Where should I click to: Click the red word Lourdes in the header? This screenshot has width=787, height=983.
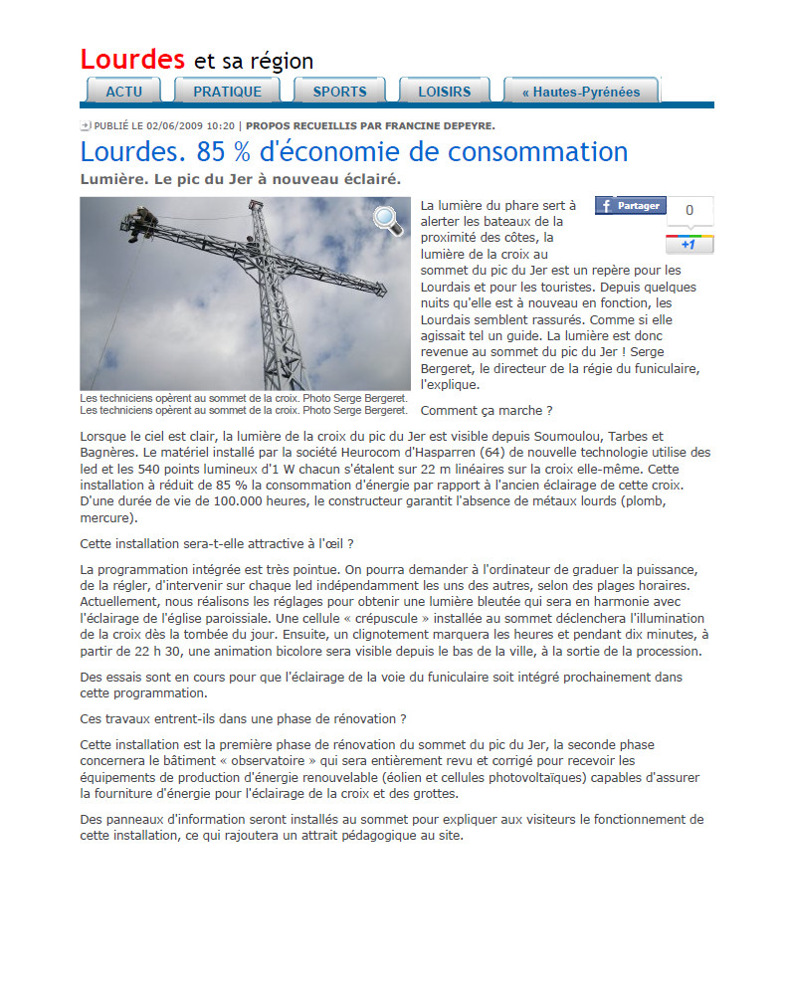pyautogui.click(x=132, y=59)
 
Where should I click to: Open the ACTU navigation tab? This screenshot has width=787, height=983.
pyautogui.click(x=123, y=92)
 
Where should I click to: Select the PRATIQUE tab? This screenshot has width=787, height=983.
pyautogui.click(x=227, y=92)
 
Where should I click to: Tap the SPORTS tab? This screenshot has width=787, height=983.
pyautogui.click(x=339, y=92)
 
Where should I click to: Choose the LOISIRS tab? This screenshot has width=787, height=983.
pyautogui.click(x=444, y=92)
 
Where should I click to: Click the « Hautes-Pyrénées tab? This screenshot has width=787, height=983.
pyautogui.click(x=580, y=92)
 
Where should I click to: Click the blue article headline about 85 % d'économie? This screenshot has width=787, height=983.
pyautogui.click(x=353, y=152)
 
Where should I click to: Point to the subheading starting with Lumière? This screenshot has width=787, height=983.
pyautogui.click(x=239, y=179)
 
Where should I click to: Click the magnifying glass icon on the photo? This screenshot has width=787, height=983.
pyautogui.click(x=388, y=222)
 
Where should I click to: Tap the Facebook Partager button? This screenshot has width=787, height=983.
pyautogui.click(x=631, y=206)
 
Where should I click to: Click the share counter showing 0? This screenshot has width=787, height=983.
pyautogui.click(x=689, y=210)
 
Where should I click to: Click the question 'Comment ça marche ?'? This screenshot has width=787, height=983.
pyautogui.click(x=487, y=410)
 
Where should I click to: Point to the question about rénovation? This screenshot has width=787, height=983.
pyautogui.click(x=242, y=718)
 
